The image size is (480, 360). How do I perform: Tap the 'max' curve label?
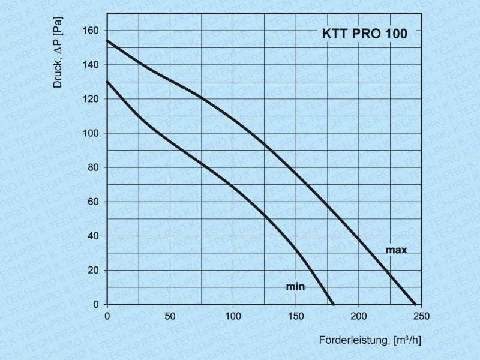coord(396,250)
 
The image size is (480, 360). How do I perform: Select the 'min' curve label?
coord(295,287)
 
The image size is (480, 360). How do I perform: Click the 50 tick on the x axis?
coord(170,316)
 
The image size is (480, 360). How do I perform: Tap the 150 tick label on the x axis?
coord(296,316)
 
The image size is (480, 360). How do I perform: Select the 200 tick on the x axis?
coord(359,316)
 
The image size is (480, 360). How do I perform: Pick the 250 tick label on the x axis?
coord(422,316)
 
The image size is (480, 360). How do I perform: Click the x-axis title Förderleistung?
coord(370,341)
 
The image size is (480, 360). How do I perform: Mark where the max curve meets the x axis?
coord(415,304)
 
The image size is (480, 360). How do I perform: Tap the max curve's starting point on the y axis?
coord(107,41)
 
